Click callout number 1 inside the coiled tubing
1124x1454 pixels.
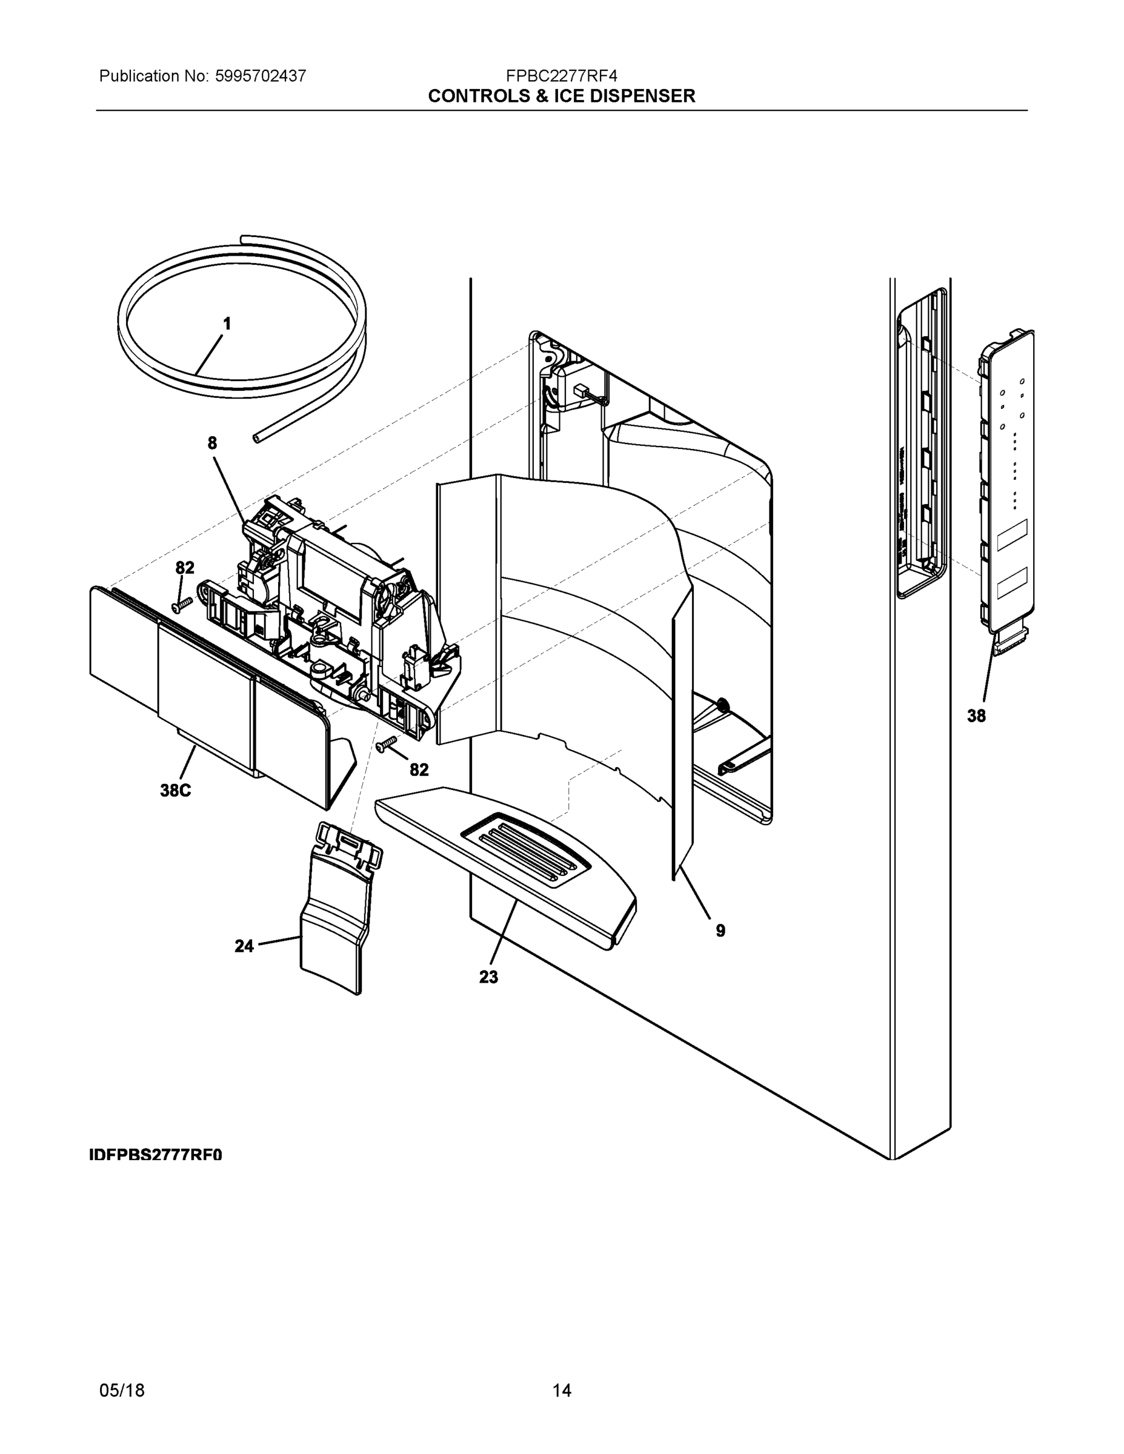tap(227, 324)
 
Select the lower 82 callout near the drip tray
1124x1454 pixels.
tap(419, 769)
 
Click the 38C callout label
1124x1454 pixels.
tap(175, 790)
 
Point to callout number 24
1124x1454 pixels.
tap(244, 946)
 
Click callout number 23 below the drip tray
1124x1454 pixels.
tap(489, 977)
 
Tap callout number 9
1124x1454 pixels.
tap(720, 931)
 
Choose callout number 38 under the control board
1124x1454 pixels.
tap(976, 716)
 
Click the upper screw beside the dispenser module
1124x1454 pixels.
tap(182, 605)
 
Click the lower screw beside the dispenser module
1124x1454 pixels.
tap(385, 745)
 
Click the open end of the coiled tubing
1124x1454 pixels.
tap(257, 437)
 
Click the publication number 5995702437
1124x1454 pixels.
tap(260, 76)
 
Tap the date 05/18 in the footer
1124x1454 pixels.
tap(122, 1390)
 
